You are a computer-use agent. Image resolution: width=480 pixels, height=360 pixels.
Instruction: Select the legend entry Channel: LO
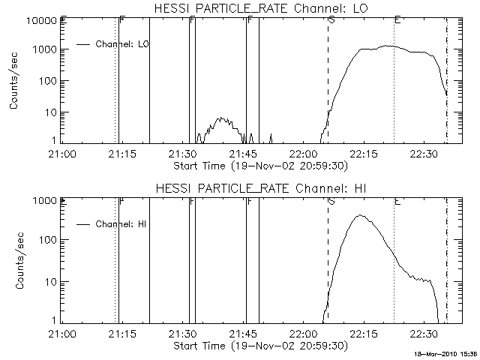pyautogui.click(x=124, y=44)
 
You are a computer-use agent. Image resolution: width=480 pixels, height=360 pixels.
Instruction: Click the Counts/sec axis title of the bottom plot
pyautogui.click(x=14, y=262)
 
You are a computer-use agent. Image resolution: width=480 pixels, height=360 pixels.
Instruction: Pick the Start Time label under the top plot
pyautogui.click(x=259, y=165)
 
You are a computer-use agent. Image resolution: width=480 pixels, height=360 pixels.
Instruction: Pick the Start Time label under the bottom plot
pyautogui.click(x=259, y=346)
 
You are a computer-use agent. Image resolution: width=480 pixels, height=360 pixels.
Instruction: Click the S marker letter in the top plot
pyautogui.click(x=331, y=19)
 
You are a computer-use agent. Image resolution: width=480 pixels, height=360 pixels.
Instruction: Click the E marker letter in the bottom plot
pyautogui.click(x=397, y=200)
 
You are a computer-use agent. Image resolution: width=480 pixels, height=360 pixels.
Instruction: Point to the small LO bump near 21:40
pyautogui.click(x=220, y=119)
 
